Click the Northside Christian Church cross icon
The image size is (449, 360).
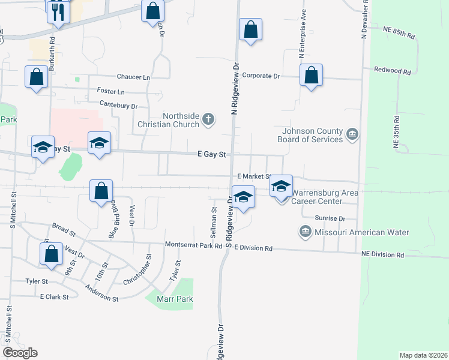[x=208, y=119]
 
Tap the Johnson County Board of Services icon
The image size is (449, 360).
[x=352, y=135]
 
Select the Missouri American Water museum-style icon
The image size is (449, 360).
[x=305, y=232]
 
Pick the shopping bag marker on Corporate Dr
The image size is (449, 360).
[x=311, y=76]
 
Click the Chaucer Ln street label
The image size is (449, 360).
[x=134, y=77]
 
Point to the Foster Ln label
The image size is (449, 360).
[x=110, y=92]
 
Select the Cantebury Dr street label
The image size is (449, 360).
[x=118, y=106]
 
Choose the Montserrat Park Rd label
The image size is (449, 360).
[x=193, y=246]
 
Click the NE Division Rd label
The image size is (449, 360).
[x=383, y=255]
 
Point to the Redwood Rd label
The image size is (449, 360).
[x=392, y=71]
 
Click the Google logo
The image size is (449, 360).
[x=20, y=353]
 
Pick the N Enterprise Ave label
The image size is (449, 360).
[x=303, y=33]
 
